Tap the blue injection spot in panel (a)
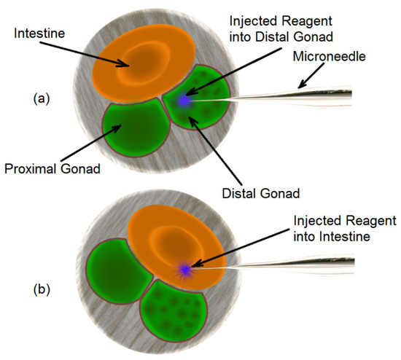(184, 100)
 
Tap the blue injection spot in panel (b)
(184, 270)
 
